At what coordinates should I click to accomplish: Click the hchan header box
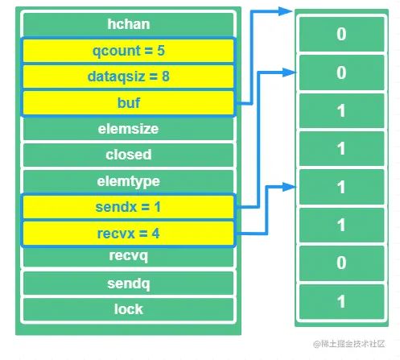[128, 24]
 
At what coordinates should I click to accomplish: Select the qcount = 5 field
[128, 51]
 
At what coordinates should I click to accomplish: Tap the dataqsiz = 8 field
[128, 77]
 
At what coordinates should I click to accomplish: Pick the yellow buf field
[128, 102]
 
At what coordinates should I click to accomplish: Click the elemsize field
[128, 129]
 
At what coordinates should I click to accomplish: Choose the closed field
[128, 155]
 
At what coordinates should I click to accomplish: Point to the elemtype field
[128, 181]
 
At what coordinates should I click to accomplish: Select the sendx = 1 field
[128, 207]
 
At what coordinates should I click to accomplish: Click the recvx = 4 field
[128, 233]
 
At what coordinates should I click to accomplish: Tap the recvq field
[128, 256]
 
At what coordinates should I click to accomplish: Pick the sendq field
[128, 283]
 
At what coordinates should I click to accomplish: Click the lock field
[128, 309]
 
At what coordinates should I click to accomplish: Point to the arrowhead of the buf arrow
[286, 11]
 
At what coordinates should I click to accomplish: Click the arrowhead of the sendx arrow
[290, 72]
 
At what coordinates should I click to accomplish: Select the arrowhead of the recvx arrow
[290, 187]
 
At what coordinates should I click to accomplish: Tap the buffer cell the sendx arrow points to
[341, 72]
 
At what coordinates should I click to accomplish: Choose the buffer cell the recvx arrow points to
[341, 187]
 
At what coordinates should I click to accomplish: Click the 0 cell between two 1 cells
[341, 263]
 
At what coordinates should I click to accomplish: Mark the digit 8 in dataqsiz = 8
[166, 77]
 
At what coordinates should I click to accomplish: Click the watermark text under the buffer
[348, 344]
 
